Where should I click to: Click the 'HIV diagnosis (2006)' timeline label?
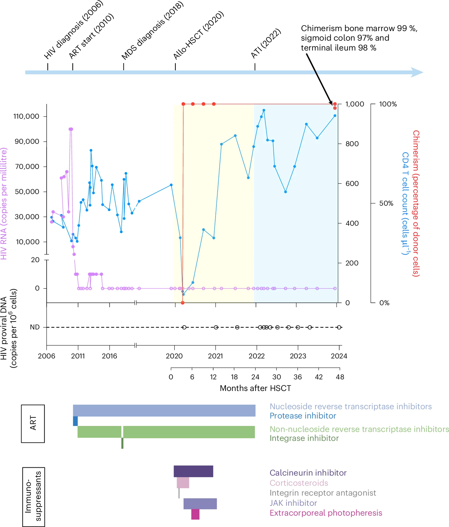[x=74, y=30]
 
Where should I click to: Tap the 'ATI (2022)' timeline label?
[x=266, y=43]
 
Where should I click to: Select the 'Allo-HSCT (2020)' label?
[x=198, y=35]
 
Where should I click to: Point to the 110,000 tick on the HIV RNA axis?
[x=26, y=116]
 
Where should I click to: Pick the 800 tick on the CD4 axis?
[x=352, y=144]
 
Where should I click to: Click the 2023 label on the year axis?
[x=298, y=356]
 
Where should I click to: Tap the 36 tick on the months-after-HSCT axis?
[x=298, y=377]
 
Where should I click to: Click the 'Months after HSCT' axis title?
[x=255, y=388]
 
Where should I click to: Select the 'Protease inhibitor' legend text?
[x=303, y=416]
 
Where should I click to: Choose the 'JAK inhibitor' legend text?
[x=293, y=503]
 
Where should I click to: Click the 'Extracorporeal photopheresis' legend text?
[x=326, y=513]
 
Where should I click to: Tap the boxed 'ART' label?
[x=33, y=423]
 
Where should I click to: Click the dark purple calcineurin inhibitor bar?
[x=193, y=471]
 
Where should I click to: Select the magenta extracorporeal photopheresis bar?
[x=195, y=514]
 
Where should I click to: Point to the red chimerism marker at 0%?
[x=183, y=303]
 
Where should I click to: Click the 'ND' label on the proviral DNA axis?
[x=35, y=327]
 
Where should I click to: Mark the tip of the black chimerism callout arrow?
[x=332, y=104]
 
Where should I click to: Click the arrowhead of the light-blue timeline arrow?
[x=417, y=72]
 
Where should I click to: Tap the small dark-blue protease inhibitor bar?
[x=75, y=421]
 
